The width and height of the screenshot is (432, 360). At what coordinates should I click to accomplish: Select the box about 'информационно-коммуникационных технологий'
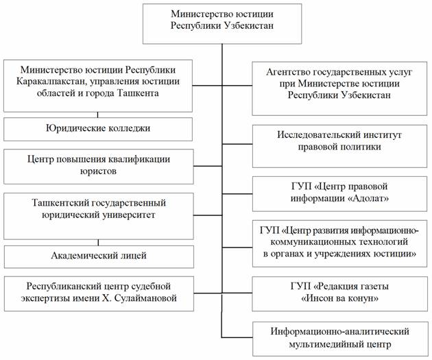point(340,241)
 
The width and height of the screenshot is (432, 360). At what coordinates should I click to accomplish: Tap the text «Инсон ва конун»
point(339,300)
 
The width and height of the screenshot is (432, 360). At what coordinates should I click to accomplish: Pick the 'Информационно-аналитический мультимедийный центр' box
point(340,338)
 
